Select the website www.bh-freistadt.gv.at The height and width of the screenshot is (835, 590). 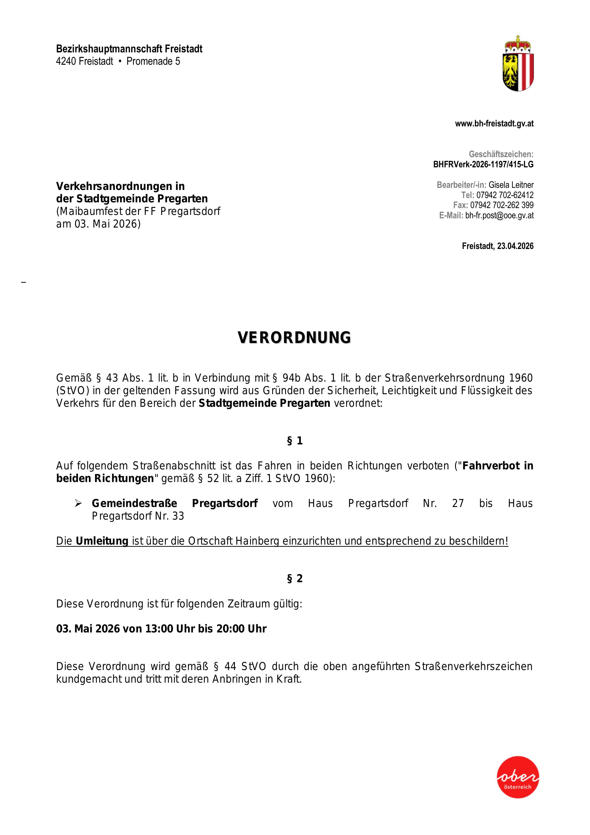pos(494,124)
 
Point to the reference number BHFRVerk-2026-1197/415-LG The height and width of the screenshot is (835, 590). pos(483,164)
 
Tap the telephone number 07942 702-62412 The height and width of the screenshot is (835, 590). pos(505,195)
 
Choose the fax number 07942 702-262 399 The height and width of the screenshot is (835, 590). pos(502,205)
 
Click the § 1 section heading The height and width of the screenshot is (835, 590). pos(295,441)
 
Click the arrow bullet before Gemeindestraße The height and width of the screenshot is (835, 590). pos(78,503)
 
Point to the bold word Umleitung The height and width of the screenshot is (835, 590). pos(102,541)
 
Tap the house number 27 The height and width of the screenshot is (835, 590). pos(458,503)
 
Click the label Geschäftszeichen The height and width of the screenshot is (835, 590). pos(501,154)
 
